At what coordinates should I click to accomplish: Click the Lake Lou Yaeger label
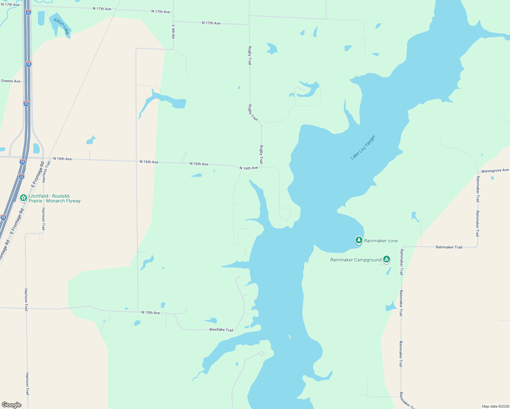pos(363,147)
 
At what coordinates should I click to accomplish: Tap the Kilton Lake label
pos(62,26)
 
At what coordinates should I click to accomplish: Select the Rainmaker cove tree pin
pos(359,240)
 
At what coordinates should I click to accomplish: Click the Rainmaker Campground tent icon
pos(386,259)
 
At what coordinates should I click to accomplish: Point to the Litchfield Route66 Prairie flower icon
pos(24,198)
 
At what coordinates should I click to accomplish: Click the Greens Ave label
pos(11,81)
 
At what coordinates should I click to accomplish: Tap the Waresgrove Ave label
pos(495,170)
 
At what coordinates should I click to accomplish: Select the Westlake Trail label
pos(221,330)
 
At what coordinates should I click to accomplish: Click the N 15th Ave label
pos(151,313)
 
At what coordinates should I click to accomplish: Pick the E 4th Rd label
pos(173,31)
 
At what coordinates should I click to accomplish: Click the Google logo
pos(12,405)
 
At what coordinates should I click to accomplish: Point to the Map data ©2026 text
pos(495,406)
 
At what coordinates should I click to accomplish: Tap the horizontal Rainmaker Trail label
pos(449,247)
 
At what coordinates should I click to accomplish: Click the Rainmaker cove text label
pos(381,241)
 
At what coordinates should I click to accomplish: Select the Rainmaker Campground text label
pos(356,260)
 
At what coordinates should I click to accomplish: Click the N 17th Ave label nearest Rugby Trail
pos(211,23)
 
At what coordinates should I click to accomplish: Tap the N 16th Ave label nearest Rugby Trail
pos(249,168)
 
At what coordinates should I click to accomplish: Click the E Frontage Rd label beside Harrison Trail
pos(37,174)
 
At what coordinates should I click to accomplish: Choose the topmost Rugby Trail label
pos(250,56)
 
